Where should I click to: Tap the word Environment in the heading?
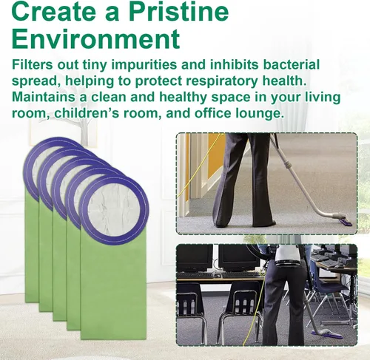pos(95,39)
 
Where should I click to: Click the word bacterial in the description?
pos(292,64)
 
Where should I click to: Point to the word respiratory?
pos(222,81)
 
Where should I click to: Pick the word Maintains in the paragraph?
pos(44,97)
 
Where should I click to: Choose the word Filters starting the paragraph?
pos(33,64)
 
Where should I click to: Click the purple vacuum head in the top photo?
pos(349,222)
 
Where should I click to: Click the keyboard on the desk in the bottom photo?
pos(195,275)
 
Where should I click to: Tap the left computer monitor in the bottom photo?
pos(195,257)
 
